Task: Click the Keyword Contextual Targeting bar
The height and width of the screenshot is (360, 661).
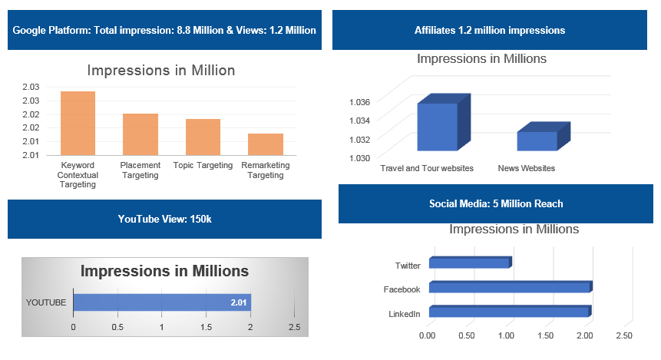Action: tap(78, 123)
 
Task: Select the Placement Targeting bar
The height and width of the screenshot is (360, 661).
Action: tap(140, 134)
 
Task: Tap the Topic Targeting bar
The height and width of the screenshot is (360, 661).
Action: tap(203, 137)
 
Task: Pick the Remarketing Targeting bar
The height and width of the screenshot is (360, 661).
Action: tap(266, 144)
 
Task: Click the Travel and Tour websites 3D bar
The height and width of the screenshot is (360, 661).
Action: tap(438, 126)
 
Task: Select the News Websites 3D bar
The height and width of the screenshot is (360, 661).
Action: tap(537, 140)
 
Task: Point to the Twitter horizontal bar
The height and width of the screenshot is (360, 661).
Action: tap(469, 263)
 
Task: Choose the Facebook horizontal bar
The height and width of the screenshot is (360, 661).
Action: tap(509, 287)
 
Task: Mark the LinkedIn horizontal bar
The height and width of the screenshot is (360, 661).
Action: tap(509, 312)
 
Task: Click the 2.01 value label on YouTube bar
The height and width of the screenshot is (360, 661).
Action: tap(238, 303)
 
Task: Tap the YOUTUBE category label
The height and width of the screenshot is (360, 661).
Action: tap(46, 302)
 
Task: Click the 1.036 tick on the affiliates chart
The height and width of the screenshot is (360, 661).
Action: tap(359, 101)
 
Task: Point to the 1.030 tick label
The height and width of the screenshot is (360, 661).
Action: tap(359, 157)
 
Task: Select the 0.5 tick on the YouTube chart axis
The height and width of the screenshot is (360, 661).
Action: tap(117, 327)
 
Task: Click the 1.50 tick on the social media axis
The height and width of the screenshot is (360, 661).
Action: tap(545, 336)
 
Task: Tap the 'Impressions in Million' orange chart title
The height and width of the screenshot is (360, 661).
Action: tap(161, 71)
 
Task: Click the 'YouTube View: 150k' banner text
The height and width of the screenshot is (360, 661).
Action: tap(164, 219)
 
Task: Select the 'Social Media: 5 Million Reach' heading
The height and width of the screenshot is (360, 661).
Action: tap(496, 203)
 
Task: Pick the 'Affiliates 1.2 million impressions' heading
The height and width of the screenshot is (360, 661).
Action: tap(490, 30)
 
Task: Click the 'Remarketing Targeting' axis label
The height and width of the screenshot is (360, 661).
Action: tap(266, 170)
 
